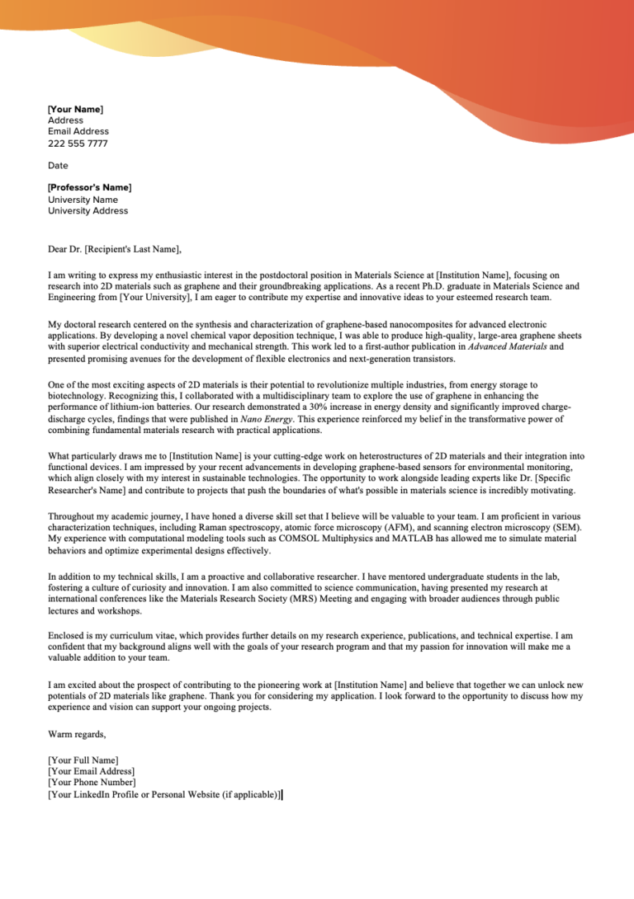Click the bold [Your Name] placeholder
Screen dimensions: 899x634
(x=75, y=109)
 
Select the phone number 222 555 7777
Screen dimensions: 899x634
(x=78, y=144)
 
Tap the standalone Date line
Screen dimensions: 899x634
(x=58, y=165)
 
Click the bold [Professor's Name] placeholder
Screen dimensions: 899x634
(x=89, y=187)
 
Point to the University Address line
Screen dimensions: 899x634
(x=88, y=210)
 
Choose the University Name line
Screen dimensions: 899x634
(x=83, y=200)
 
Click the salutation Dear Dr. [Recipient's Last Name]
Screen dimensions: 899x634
(x=114, y=249)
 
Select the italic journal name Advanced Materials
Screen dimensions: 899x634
(x=502, y=347)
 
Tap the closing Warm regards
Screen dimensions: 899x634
(x=77, y=733)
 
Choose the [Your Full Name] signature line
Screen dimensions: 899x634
(x=83, y=760)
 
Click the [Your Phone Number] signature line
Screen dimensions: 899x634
(x=92, y=782)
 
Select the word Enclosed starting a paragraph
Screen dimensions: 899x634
(x=67, y=636)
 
